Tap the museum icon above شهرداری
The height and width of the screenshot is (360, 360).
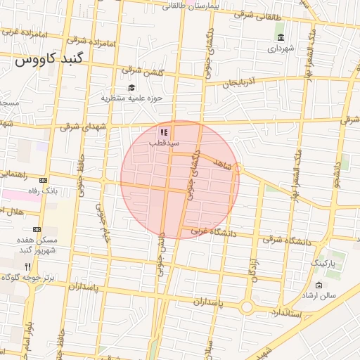pos(281,37)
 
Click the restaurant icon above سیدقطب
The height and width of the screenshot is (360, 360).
pos(163,131)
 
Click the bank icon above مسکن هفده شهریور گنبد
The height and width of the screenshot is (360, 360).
pos(37,229)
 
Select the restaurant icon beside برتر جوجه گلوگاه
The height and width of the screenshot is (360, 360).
pos(27,266)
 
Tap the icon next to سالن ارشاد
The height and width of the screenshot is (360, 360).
pos(319,285)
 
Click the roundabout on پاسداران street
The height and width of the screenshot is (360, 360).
pos(246,307)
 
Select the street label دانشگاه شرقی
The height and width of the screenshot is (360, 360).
pos(283,240)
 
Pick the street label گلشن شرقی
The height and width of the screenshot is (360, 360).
pos(141,70)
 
